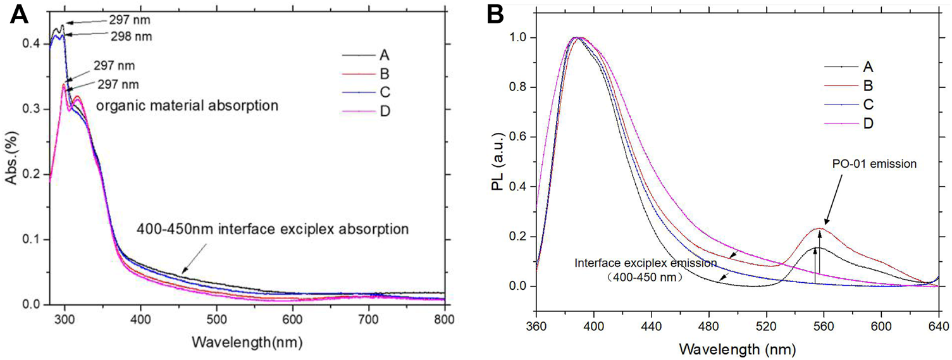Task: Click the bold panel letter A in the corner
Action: point(17,15)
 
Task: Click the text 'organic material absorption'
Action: point(187,106)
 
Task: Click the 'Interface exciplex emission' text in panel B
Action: point(646,263)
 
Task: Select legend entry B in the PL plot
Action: point(868,85)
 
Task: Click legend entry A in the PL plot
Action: point(868,66)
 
